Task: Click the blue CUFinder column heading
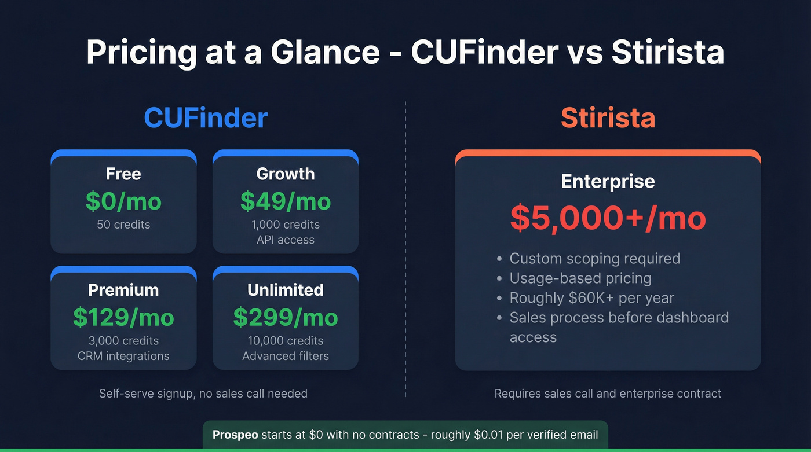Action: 206,117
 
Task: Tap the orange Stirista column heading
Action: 608,117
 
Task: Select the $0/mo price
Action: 123,201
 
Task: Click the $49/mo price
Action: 286,201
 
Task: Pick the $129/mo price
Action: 123,317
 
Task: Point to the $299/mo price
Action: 286,317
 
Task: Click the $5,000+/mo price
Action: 608,218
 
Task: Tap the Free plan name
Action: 123,174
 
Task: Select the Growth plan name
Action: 286,174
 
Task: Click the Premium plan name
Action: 123,289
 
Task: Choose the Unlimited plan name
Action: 286,289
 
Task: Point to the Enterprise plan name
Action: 608,181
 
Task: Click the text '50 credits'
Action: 123,225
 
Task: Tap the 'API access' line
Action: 286,240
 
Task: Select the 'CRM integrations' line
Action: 123,356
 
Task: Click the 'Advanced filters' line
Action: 286,356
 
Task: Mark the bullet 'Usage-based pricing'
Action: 580,278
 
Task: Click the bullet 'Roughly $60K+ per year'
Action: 592,298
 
